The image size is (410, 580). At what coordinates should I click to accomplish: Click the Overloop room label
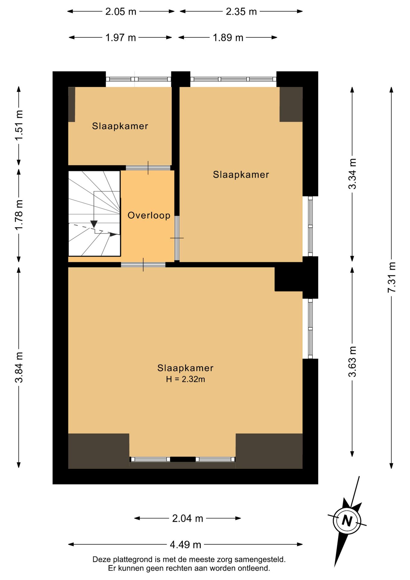[149, 215]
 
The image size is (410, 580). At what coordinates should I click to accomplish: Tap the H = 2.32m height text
[185, 379]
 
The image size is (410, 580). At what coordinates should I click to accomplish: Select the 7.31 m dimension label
[392, 277]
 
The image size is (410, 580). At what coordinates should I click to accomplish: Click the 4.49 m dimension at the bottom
[185, 545]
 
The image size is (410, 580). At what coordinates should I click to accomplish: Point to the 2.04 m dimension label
[187, 518]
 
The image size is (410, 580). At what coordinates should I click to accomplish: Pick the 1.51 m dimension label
[19, 125]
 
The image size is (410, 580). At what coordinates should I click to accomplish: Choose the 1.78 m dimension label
[19, 215]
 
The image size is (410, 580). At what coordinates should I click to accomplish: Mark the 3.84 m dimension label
[19, 367]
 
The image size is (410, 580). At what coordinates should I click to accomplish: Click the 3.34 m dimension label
[352, 174]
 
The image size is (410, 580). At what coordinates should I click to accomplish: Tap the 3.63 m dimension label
[352, 362]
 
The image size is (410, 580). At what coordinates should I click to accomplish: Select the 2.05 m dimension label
[121, 11]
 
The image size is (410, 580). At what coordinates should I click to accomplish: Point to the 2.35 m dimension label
[241, 11]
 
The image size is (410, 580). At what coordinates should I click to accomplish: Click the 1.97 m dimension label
[120, 38]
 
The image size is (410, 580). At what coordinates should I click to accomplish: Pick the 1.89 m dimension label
[228, 38]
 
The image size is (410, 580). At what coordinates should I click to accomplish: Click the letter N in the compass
[347, 521]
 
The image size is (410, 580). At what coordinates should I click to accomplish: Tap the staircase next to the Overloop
[94, 214]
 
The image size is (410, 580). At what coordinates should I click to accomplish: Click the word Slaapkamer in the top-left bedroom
[120, 126]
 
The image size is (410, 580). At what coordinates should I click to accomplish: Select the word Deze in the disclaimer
[102, 559]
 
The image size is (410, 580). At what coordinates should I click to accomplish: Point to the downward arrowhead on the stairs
[94, 224]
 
